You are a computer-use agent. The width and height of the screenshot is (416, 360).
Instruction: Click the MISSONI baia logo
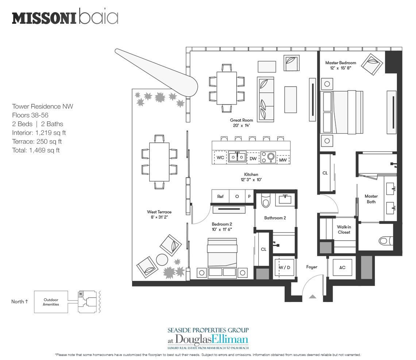click(x=65, y=18)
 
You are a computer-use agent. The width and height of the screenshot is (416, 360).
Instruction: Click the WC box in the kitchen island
click(x=220, y=158)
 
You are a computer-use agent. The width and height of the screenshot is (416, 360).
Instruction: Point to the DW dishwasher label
click(x=253, y=158)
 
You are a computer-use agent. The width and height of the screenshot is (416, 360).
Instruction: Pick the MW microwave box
click(x=283, y=160)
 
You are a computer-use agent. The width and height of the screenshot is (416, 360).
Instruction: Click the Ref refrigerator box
click(x=220, y=196)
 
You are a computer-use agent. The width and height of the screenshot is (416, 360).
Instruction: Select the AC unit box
click(x=342, y=268)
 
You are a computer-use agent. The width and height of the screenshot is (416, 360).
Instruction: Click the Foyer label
click(x=311, y=267)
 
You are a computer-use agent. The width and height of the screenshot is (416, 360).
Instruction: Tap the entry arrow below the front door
click(x=312, y=297)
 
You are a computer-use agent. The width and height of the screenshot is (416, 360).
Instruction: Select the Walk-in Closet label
click(x=344, y=230)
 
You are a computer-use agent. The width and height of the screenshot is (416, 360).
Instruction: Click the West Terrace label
click(x=159, y=214)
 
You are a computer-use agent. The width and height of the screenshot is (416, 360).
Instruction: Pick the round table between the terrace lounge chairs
click(x=162, y=260)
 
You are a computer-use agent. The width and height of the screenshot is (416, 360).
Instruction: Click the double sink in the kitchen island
click(x=237, y=157)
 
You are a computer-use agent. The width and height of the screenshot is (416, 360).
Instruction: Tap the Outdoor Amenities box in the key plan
click(x=51, y=302)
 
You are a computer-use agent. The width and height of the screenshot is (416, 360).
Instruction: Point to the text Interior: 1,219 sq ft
click(x=39, y=133)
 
